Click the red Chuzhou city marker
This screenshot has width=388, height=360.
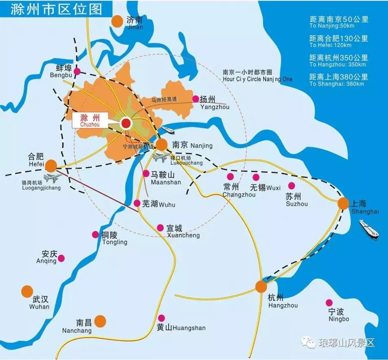tap(126, 123)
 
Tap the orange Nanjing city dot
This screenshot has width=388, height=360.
tap(162, 145)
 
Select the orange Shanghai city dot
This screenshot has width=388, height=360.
tap(344, 204)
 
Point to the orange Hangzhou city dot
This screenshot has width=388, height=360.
tap(261, 287)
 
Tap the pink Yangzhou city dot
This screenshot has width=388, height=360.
tap(195, 99)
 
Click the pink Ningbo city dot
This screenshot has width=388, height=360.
tap(329, 303)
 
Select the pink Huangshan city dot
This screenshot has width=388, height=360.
tap(162, 318)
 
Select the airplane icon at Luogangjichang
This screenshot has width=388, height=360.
tap(52, 178)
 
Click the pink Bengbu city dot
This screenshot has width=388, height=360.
tap(77, 71)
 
